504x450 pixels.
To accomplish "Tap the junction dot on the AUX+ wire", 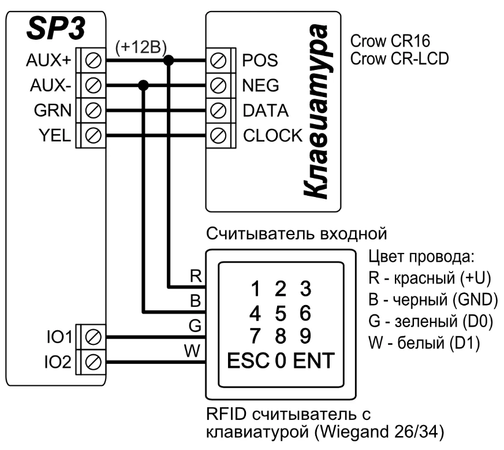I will click(x=169, y=60).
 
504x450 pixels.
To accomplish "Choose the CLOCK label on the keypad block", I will click(x=272, y=135).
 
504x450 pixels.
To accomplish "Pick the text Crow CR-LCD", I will click(x=399, y=59).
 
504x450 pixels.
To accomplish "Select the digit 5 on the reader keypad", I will click(x=281, y=313).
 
